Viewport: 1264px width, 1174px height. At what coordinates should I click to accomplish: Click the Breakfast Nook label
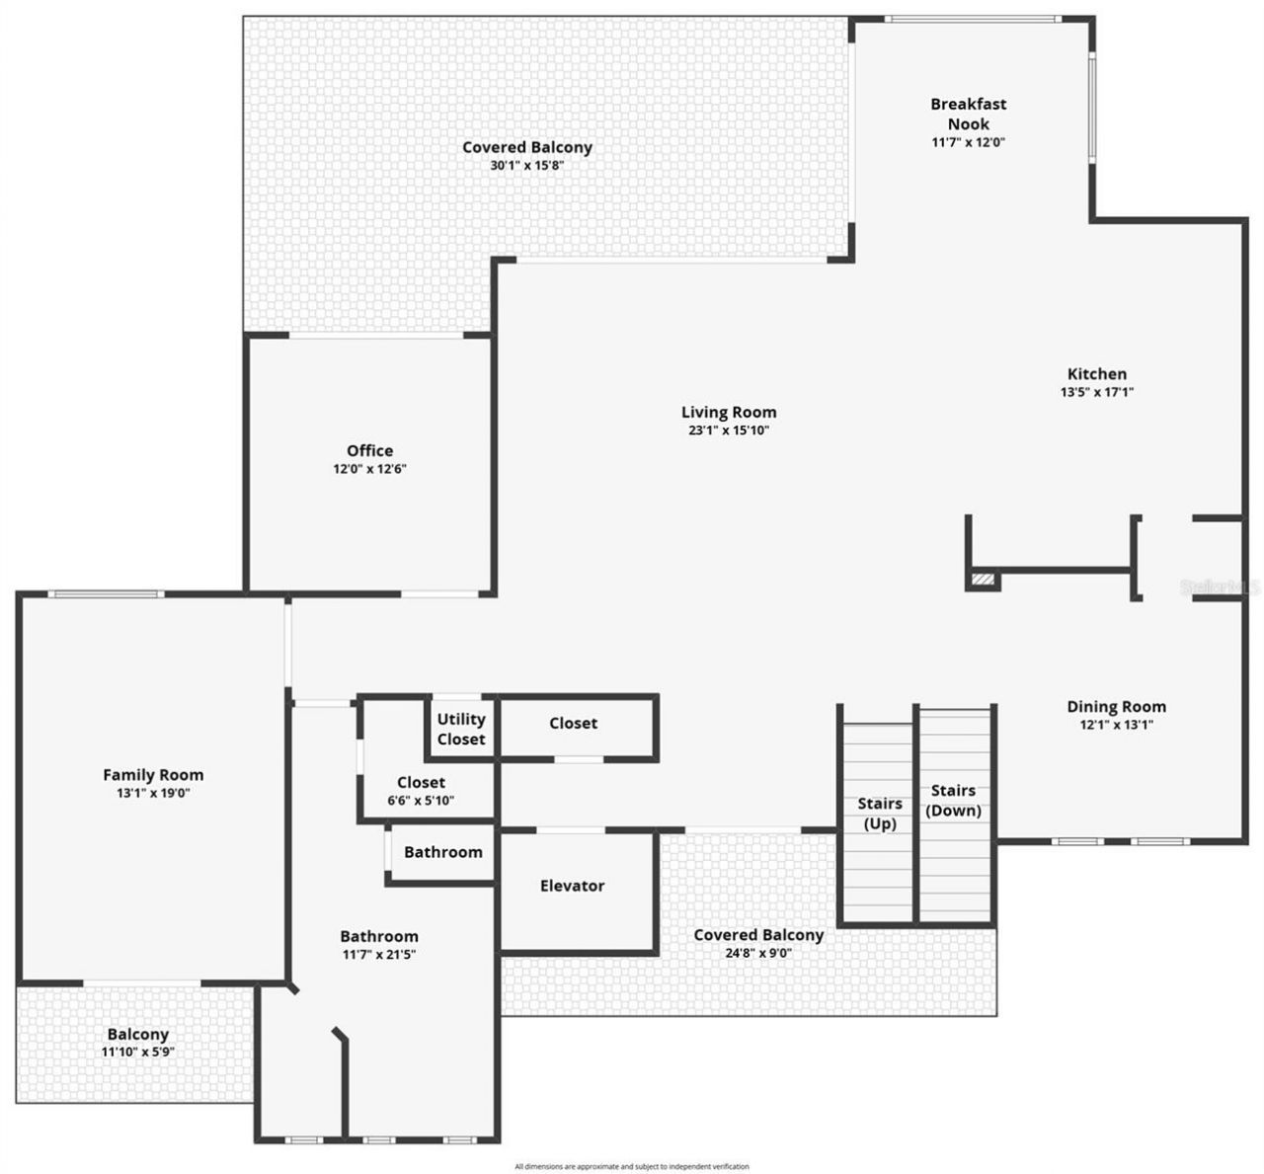pos(968,114)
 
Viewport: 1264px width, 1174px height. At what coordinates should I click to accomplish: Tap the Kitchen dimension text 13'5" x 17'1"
pos(1096,392)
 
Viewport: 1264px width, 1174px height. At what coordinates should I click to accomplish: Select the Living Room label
pos(729,412)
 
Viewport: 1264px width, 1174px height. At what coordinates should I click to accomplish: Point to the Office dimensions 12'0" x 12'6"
pos(369,469)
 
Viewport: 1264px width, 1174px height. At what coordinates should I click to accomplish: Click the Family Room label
pos(153,775)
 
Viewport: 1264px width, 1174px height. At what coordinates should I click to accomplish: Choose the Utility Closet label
pos(461,729)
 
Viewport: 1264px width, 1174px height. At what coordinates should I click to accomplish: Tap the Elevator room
pos(572,886)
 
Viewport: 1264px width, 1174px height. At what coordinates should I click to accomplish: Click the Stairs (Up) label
pos(879,813)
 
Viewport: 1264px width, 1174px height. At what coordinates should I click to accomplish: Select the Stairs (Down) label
pos(954,800)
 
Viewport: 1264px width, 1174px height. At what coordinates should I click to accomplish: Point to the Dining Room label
pos(1116,706)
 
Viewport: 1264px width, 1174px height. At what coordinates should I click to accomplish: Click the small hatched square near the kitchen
pos(984,580)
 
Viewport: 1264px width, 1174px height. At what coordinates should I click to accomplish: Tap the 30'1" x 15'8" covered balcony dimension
pos(527,165)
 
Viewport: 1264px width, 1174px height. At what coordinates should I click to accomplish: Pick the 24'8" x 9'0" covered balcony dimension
pos(757,953)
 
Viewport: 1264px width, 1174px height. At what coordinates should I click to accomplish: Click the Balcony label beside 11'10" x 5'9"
pos(138,1034)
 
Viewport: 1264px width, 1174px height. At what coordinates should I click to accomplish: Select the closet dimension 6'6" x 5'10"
pos(421,801)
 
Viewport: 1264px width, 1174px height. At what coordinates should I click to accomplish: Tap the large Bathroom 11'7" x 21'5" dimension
pos(378,955)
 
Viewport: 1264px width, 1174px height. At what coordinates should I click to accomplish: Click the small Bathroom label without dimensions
pos(443,852)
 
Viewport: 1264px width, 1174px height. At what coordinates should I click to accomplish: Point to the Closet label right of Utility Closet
pos(573,723)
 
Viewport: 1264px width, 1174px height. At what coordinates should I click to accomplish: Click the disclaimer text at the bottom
pos(632,1166)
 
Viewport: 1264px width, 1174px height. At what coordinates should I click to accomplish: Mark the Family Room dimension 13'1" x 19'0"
pos(153,793)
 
